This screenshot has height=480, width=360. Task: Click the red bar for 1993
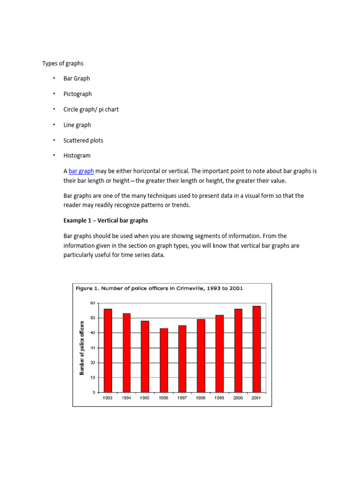108,350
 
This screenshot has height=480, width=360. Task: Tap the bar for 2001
256,349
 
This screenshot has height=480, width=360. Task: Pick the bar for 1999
219,353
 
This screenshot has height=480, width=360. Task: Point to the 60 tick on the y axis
92,303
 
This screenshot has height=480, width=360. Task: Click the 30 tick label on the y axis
92,348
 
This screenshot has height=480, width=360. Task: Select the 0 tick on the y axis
94,392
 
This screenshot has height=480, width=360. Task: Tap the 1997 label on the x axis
182,398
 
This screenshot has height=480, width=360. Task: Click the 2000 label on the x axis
238,398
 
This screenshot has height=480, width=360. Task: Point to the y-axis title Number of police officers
82,348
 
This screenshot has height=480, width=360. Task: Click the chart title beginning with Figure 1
159,288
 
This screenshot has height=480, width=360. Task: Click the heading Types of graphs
63,63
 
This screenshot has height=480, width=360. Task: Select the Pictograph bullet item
78,94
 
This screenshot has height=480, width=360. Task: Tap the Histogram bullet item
77,156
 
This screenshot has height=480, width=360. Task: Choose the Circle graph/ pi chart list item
91,110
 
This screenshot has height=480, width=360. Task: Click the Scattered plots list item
83,141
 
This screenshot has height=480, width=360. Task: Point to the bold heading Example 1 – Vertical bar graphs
105,220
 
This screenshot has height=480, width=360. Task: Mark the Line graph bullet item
77,125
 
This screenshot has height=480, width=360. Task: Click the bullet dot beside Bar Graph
54,78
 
